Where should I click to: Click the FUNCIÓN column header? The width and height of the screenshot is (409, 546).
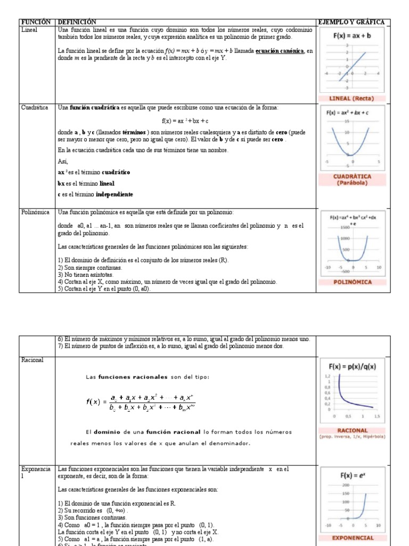35,22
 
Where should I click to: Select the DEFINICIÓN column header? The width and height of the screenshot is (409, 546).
77,22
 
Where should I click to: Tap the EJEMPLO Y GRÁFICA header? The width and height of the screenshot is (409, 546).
351,22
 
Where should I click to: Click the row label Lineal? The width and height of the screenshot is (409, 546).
29,30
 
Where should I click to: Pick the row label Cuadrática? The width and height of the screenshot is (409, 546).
35,108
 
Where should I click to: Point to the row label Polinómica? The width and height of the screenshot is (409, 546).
36,212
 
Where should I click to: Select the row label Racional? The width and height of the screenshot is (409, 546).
32,360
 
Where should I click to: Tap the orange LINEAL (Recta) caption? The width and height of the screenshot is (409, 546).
352,99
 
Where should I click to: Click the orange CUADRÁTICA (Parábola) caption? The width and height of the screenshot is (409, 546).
352,179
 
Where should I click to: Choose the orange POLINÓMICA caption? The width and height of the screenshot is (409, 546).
352,282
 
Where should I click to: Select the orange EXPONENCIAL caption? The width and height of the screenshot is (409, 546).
353,538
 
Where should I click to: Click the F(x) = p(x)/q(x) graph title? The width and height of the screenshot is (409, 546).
352,366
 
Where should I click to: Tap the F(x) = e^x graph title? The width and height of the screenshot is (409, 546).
352,475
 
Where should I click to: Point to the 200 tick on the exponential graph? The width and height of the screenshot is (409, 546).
345,485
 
